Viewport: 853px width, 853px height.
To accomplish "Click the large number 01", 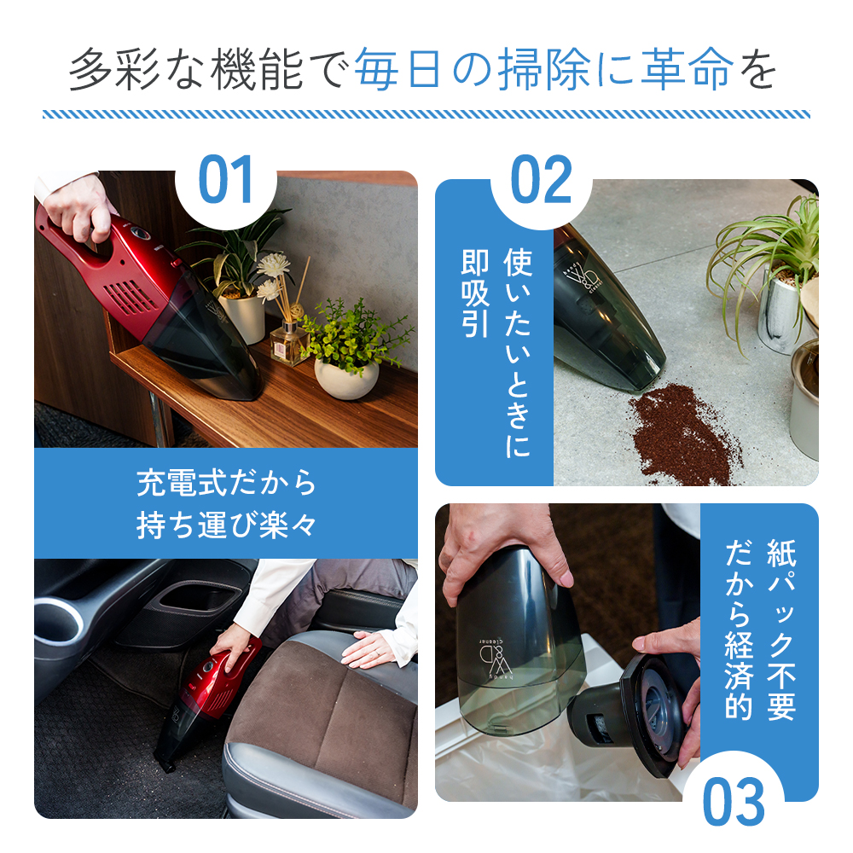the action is click(x=226, y=179).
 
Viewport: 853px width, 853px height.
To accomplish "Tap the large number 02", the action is click(x=542, y=179).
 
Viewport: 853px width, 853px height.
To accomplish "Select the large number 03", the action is click(x=734, y=802).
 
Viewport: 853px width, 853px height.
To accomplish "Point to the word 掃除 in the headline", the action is click(x=544, y=69).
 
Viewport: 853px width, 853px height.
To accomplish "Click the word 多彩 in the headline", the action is click(x=115, y=69).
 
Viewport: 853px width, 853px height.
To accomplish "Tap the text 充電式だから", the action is click(x=226, y=482).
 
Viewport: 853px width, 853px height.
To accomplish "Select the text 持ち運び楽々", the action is click(x=226, y=525).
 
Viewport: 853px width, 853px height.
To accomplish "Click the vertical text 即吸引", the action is click(x=475, y=293).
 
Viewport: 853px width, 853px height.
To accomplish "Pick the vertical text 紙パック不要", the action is click(x=781, y=630).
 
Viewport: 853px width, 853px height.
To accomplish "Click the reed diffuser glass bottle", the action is click(x=288, y=343).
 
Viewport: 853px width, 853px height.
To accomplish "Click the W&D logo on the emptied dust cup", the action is click(x=492, y=659).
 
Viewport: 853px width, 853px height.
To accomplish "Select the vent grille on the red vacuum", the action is click(x=130, y=297).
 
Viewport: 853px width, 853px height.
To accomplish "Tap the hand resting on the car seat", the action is click(x=368, y=647).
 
